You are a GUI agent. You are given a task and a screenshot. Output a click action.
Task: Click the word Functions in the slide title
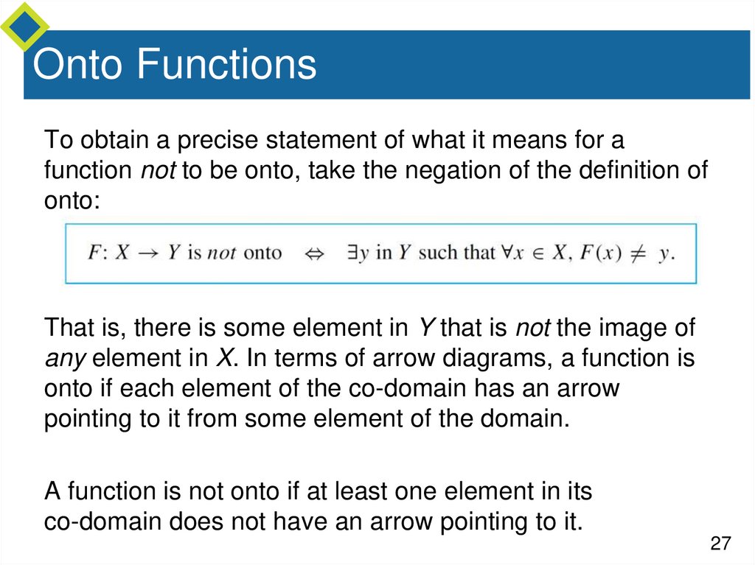(x=226, y=65)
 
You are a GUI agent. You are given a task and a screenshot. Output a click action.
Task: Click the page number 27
(x=720, y=544)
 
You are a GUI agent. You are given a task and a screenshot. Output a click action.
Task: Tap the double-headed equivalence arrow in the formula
(x=315, y=253)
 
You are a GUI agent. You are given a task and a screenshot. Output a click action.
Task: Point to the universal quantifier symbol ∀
(x=508, y=253)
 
